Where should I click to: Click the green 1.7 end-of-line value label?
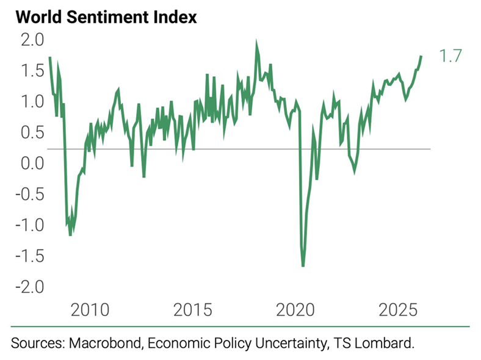coord(450,57)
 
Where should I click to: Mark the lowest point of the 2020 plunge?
coord(303,265)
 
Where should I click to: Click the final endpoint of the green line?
coord(421,57)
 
